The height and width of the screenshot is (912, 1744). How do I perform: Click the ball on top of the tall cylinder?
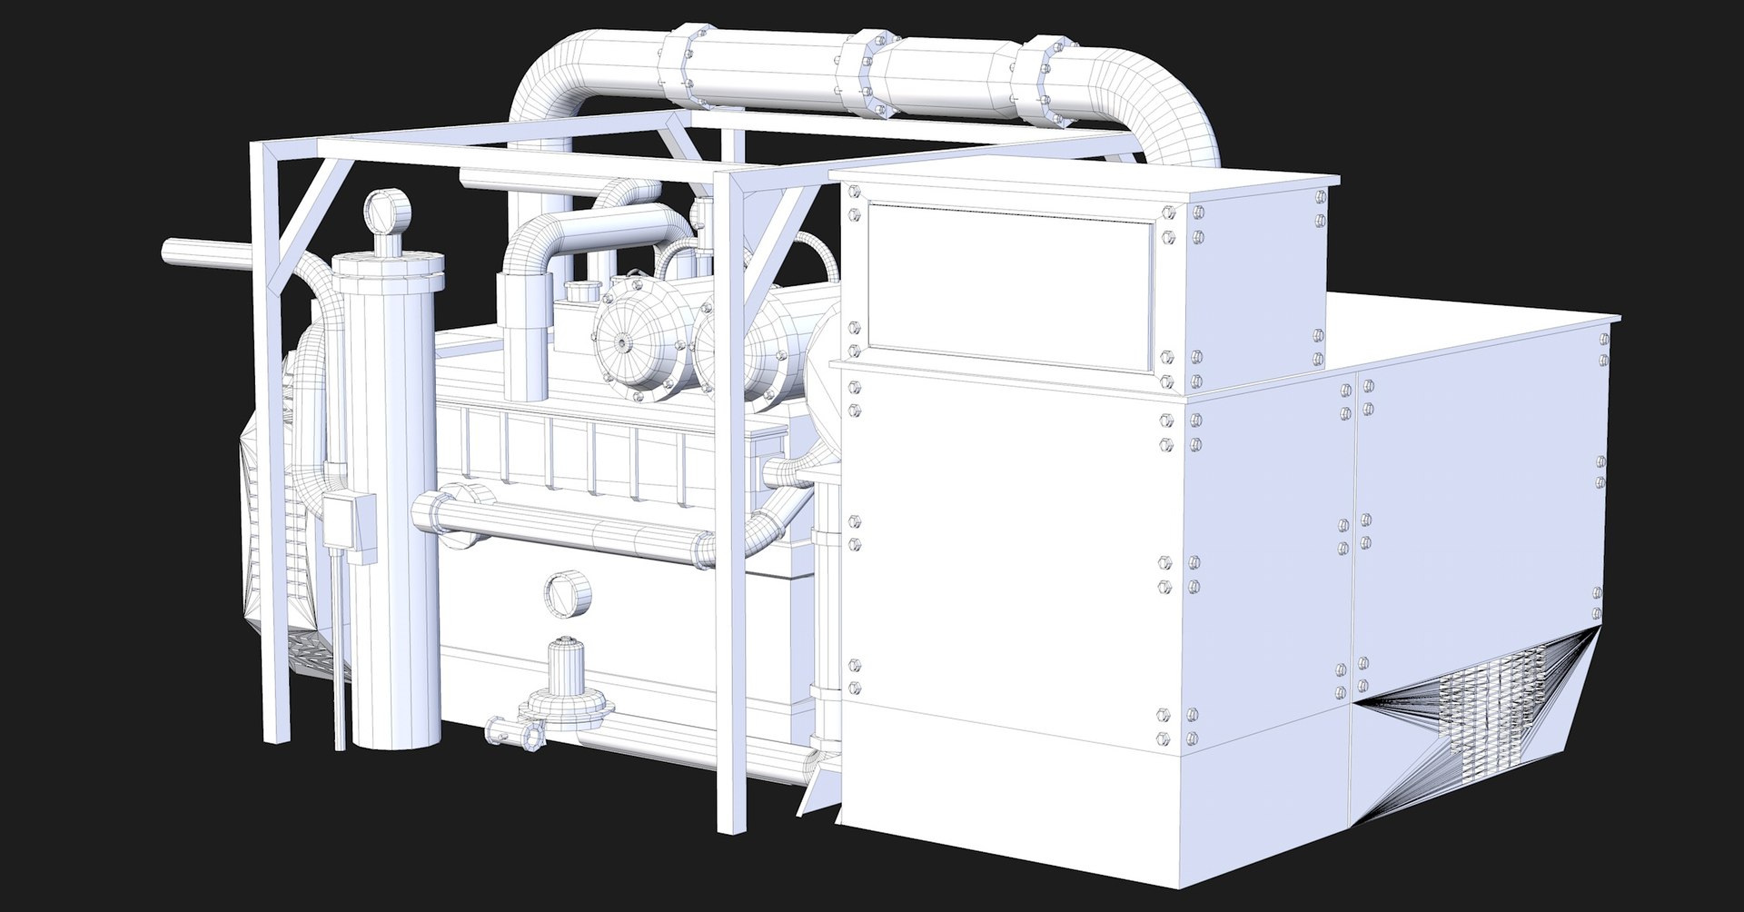[x=388, y=213]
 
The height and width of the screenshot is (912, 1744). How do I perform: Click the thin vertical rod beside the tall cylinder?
[x=341, y=654]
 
